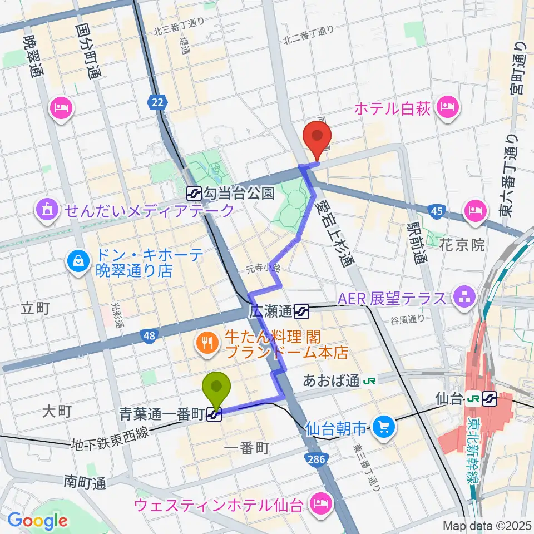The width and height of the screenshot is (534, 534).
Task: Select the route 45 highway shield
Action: pos(437,210)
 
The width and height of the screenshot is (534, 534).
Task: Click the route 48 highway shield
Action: pos(149,335)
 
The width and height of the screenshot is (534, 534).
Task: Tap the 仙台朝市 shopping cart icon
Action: pos(383,427)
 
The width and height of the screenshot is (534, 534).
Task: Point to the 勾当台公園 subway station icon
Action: pos(195,193)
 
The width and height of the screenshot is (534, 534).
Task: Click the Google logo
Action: pos(37,521)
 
